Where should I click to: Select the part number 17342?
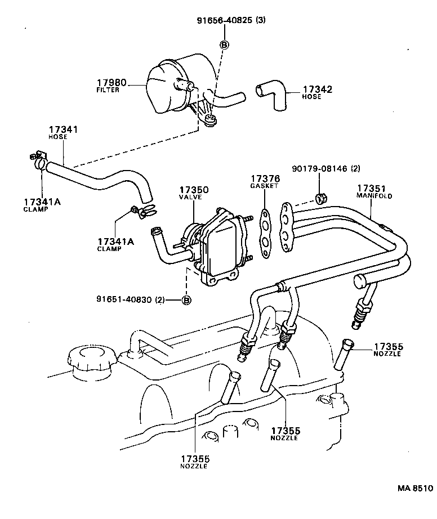[x=317, y=89]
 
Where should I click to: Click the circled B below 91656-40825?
[x=224, y=45]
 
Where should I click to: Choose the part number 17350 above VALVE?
[x=193, y=190]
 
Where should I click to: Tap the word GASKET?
[x=264, y=186]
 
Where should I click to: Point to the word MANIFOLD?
[x=374, y=196]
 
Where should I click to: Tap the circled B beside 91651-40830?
[x=186, y=299]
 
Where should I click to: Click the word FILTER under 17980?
[x=108, y=90]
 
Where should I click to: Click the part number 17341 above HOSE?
[x=63, y=129]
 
